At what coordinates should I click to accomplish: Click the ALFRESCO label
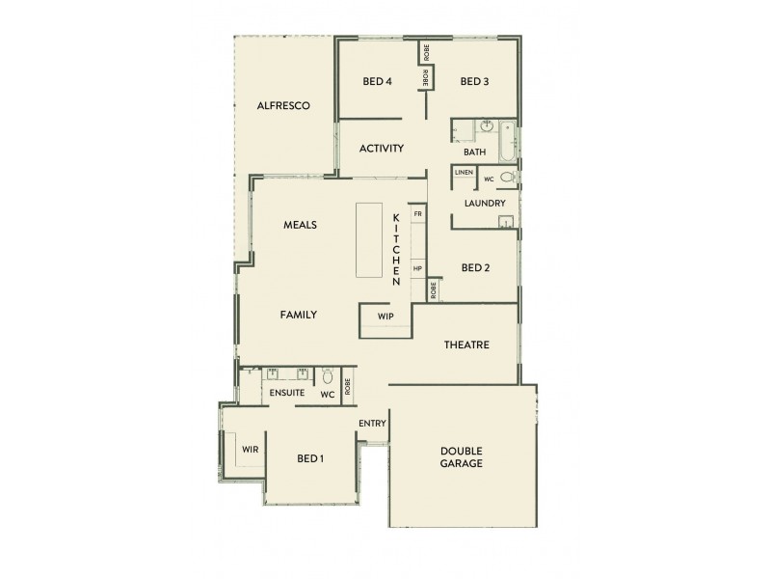[x=282, y=105]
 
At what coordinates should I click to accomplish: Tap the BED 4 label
[x=377, y=81]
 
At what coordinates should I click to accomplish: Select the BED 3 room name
[x=474, y=81]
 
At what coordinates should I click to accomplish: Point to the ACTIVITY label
[x=381, y=149]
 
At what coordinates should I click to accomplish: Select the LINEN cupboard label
[x=464, y=173]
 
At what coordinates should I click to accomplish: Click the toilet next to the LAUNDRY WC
[x=508, y=178]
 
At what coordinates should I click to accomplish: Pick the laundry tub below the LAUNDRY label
[x=506, y=222]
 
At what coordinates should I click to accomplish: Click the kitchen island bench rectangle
[x=369, y=238]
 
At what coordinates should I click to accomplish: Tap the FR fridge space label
[x=417, y=213]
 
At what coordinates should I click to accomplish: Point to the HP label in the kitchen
[x=417, y=268]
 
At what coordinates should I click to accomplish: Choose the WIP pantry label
[x=385, y=316]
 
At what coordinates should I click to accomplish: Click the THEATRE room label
[x=466, y=345]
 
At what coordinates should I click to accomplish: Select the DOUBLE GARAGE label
[x=461, y=457]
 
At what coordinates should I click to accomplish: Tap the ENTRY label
[x=372, y=424]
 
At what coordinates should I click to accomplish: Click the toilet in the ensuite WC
[x=328, y=377]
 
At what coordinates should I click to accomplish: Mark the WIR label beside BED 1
[x=250, y=449]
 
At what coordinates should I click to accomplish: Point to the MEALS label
[x=300, y=225]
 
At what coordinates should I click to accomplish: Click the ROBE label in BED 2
[x=434, y=289]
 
